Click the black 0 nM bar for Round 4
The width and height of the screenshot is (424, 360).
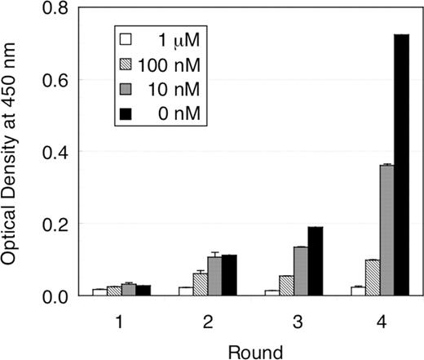400,165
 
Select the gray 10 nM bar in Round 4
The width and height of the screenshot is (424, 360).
386,230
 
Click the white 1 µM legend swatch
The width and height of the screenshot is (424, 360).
126,38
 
